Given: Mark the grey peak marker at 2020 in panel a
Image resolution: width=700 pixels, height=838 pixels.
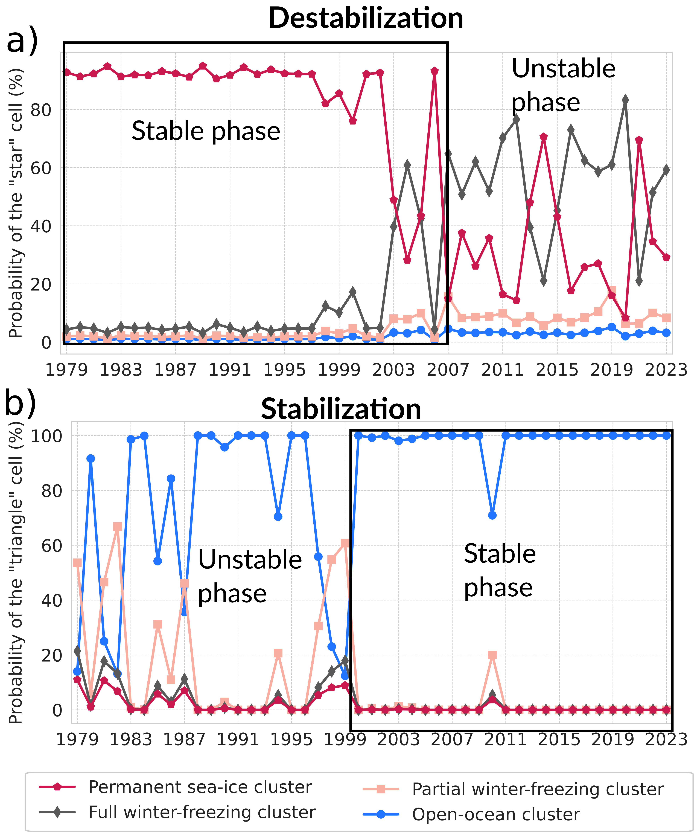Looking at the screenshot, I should tap(625, 100).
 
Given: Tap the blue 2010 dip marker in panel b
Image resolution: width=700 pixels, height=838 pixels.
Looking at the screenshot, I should tap(492, 515).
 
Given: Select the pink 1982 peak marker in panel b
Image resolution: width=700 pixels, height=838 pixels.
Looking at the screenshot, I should tap(117, 527).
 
